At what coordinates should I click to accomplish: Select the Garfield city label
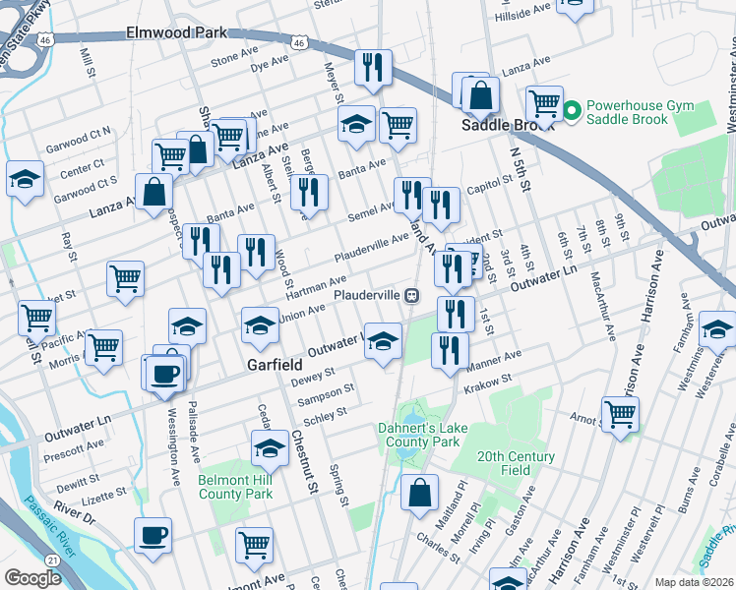point(274,364)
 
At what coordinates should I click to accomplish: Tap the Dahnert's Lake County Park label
point(419,435)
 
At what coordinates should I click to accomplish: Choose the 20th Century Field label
point(517,463)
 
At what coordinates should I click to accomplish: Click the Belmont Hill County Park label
point(234,486)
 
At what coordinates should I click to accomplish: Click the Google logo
point(32,578)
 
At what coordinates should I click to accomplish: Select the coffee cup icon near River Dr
point(153,536)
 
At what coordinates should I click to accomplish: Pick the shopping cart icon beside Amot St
point(620,414)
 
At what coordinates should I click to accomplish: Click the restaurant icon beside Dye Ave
point(372,66)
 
